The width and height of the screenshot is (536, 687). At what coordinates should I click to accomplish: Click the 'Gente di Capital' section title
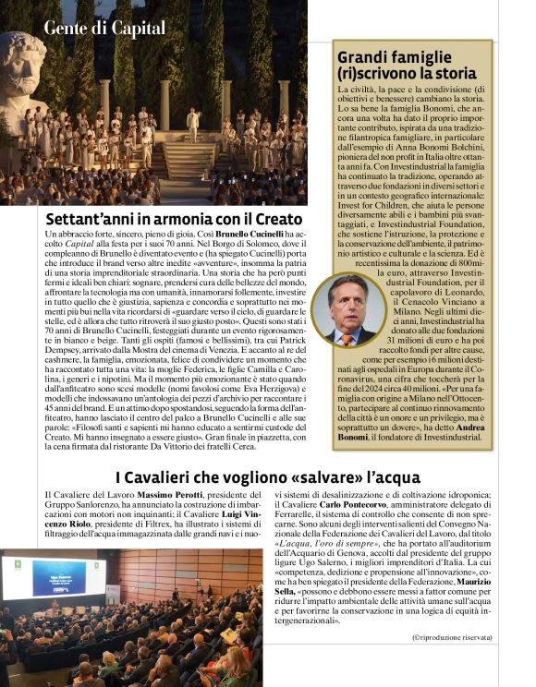(104, 29)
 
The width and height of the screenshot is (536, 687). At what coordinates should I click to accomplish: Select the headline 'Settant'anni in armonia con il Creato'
(174, 220)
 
